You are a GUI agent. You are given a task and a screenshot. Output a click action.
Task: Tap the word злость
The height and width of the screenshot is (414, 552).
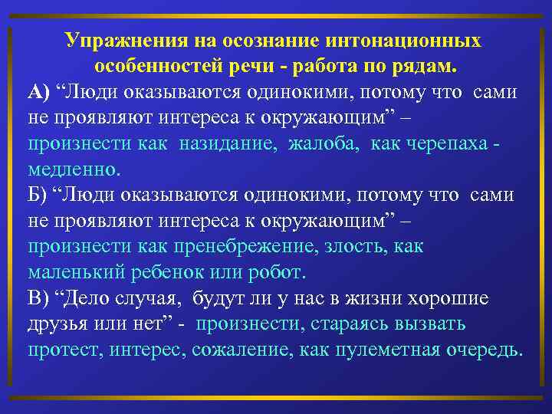(361, 246)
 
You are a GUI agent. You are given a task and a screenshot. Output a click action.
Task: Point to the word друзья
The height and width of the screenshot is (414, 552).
(60, 324)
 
